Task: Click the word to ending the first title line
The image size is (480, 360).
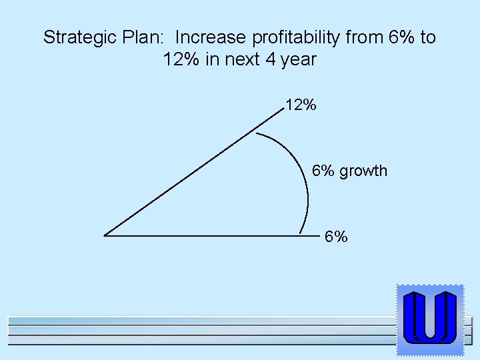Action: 427,37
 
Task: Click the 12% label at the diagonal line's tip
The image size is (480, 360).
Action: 301,105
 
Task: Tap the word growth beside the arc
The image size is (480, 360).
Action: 363,171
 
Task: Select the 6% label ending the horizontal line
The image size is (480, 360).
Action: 336,237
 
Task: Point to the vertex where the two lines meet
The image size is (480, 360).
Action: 105,235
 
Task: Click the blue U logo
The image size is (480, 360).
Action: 429,319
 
